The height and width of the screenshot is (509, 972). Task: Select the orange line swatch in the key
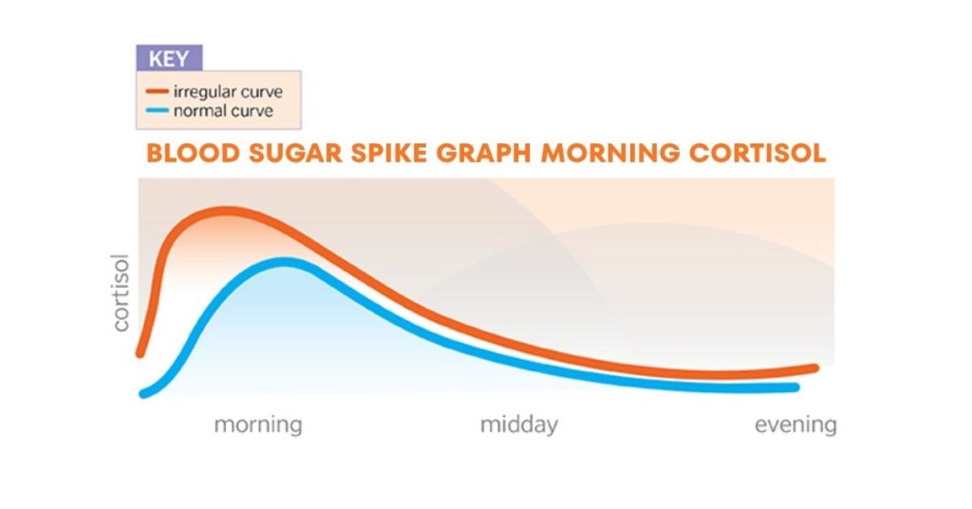pyautogui.click(x=156, y=92)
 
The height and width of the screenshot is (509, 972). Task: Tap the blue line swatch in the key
pyautogui.click(x=156, y=111)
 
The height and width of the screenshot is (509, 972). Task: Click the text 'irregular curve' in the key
pyautogui.click(x=227, y=92)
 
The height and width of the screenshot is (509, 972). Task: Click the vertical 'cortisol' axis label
pyautogui.click(x=121, y=292)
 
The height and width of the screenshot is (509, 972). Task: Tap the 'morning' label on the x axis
pyautogui.click(x=258, y=424)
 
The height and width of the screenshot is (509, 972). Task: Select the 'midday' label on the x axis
pyautogui.click(x=518, y=424)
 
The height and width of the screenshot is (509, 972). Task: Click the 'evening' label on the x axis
pyautogui.click(x=795, y=424)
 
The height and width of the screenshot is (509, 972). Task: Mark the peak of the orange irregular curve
pyautogui.click(x=226, y=210)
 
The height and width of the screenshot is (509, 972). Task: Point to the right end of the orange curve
pyautogui.click(x=814, y=367)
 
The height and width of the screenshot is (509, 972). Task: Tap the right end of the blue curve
pyautogui.click(x=795, y=387)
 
